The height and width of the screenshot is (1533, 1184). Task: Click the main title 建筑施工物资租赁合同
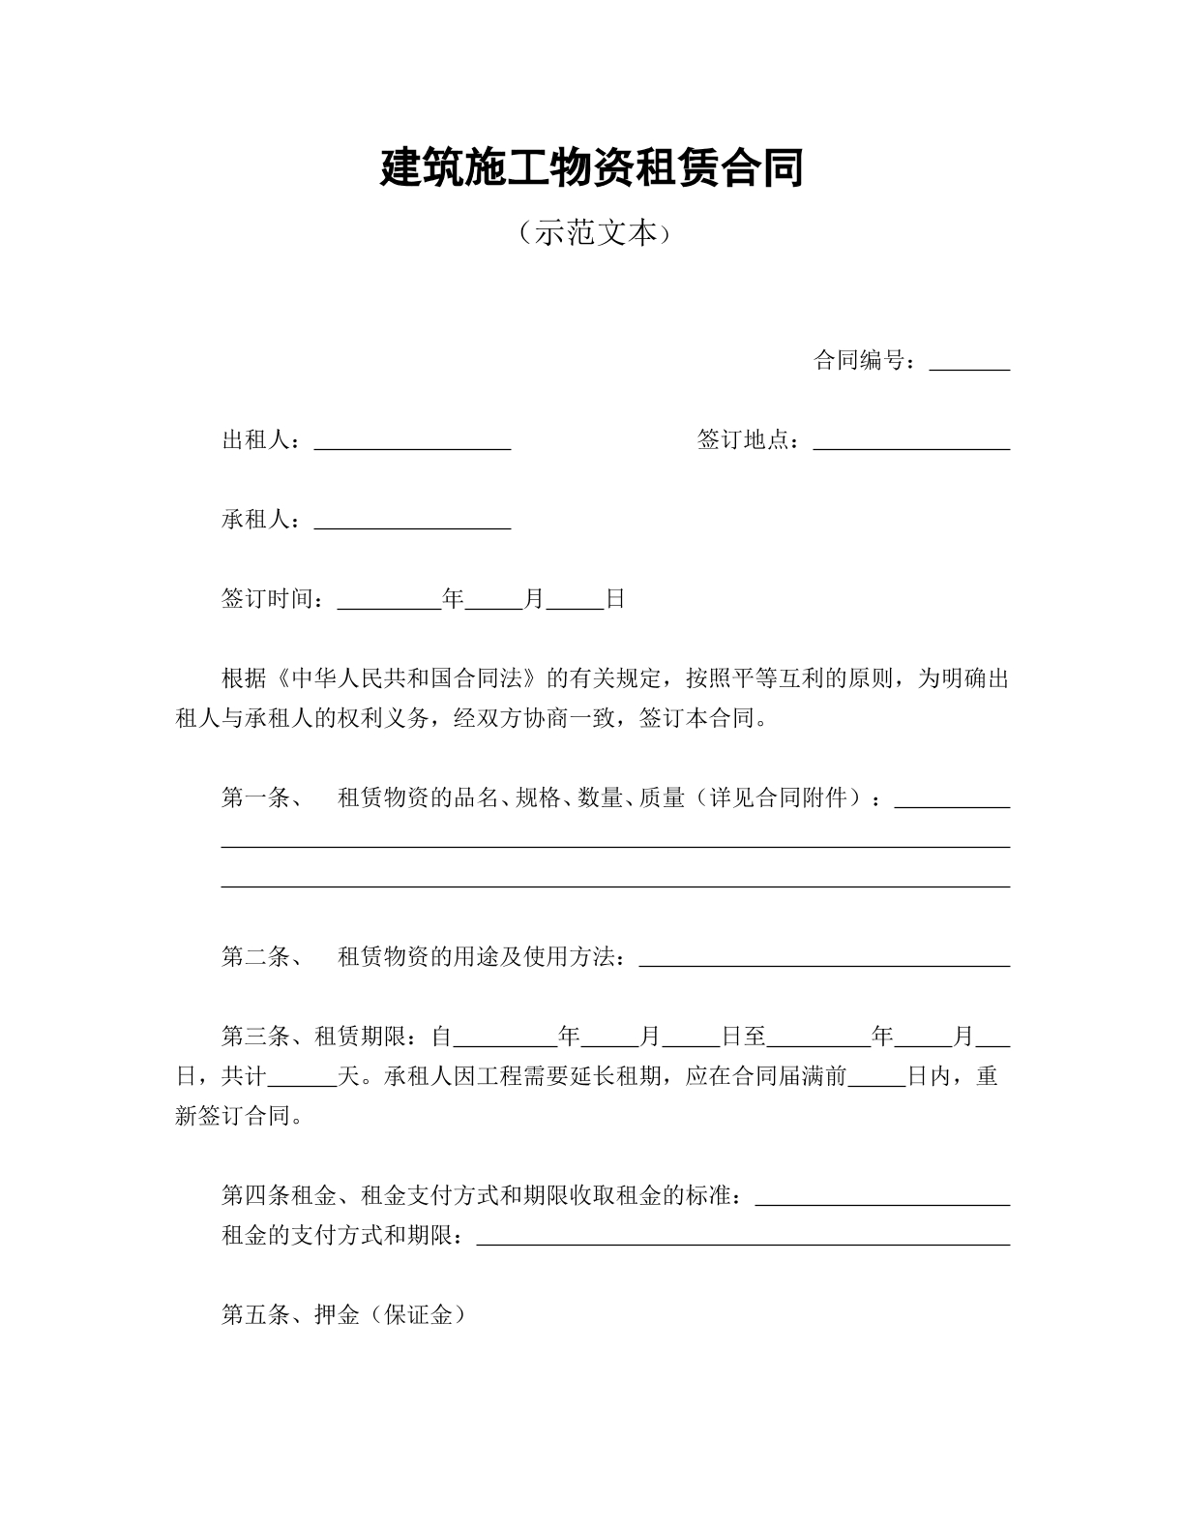coord(591,168)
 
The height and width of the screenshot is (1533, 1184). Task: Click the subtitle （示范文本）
coord(591,233)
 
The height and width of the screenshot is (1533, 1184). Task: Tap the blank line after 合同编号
coord(969,362)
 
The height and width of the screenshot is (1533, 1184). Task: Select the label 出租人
coord(256,440)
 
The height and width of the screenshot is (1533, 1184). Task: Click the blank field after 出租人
coord(413,441)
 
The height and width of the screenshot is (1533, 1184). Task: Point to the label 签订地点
coord(743,440)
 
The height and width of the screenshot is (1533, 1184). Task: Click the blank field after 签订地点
coord(912,441)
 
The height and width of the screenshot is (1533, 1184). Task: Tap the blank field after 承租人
coord(413,521)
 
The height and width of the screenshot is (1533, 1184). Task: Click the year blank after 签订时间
coord(389,600)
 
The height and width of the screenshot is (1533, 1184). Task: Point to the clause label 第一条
coord(256,798)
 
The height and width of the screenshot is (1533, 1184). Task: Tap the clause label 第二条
coord(256,957)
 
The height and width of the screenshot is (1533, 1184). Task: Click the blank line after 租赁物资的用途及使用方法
coord(825,958)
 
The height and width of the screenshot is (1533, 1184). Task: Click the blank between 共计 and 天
coord(303,1077)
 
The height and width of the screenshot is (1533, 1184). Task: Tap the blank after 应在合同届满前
coord(877,1077)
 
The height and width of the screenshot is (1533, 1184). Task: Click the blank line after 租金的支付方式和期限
coord(744,1237)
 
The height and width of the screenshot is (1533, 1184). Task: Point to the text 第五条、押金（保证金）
coord(343,1315)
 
